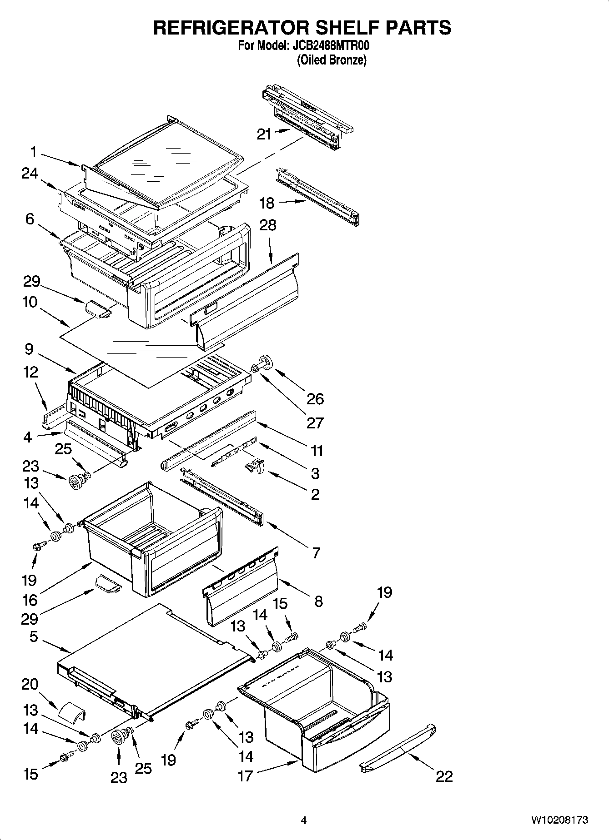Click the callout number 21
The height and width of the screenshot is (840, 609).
264,134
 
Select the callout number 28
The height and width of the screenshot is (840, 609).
268,225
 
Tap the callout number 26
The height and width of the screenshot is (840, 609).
315,399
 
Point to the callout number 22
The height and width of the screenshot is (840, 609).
444,776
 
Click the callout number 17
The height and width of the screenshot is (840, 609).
245,776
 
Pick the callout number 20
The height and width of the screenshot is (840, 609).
30,684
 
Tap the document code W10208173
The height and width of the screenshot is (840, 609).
559,820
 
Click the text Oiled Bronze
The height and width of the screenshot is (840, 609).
332,60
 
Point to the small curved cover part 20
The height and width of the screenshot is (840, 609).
72,711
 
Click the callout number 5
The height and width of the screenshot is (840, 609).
34,636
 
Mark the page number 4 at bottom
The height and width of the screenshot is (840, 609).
304,820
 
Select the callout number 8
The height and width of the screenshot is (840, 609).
318,601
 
